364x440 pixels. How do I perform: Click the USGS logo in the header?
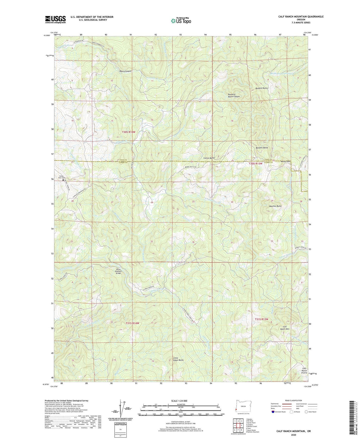(55, 19)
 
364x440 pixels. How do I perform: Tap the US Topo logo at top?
(181, 21)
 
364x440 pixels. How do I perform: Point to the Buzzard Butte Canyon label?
(234, 95)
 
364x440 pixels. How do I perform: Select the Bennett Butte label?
(262, 148)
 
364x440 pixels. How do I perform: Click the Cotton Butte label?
(209, 158)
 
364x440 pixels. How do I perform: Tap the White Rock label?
(286, 161)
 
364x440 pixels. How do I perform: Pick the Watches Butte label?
(274, 206)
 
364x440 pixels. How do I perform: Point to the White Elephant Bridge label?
(118, 271)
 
